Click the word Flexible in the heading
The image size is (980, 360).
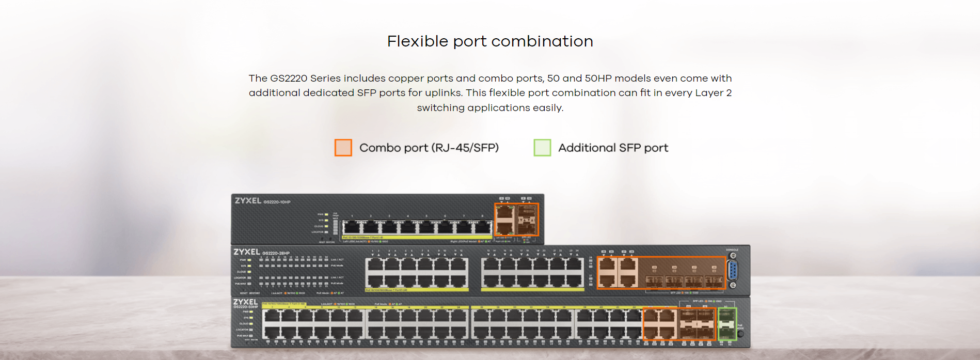[x=417, y=41]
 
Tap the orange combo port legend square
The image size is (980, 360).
[x=343, y=148]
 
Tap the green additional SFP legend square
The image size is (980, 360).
[x=542, y=148]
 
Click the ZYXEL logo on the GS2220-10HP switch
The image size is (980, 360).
[x=248, y=201]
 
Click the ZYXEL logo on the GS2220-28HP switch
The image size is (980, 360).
[x=246, y=252]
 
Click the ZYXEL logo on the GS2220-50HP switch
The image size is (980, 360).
[x=245, y=302]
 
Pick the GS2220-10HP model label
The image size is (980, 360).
[x=277, y=202]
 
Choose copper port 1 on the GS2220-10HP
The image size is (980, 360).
[x=352, y=227]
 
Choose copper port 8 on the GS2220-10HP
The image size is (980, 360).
[x=482, y=227]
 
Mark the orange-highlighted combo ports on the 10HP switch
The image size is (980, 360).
[x=516, y=220]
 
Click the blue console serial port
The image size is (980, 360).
[x=732, y=271]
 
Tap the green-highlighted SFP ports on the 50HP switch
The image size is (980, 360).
[x=727, y=324]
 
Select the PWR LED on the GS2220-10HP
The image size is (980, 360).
[x=326, y=214]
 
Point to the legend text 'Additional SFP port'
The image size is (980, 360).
[x=613, y=148]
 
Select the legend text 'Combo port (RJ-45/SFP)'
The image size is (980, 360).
[x=429, y=148]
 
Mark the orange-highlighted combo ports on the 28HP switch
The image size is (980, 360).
[x=661, y=272]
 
